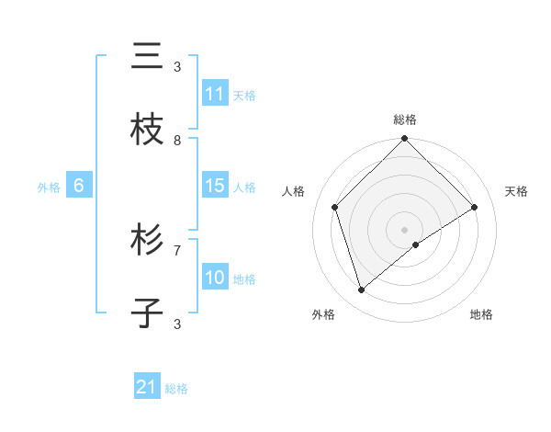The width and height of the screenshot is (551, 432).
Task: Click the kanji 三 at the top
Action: pyautogui.click(x=147, y=56)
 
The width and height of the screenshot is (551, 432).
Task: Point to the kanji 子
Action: pyautogui.click(x=147, y=313)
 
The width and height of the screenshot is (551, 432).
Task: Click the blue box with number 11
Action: pyautogui.click(x=215, y=94)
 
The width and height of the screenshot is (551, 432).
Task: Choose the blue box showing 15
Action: pyautogui.click(x=215, y=186)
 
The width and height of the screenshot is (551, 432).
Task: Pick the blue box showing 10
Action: pyautogui.click(x=215, y=278)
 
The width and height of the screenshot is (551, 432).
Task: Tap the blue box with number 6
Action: pyautogui.click(x=79, y=186)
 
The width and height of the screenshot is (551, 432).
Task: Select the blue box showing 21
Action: pyautogui.click(x=147, y=387)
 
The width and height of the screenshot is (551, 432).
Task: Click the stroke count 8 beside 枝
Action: pyautogui.click(x=177, y=140)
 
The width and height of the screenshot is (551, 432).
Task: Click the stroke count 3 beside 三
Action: pyautogui.click(x=177, y=66)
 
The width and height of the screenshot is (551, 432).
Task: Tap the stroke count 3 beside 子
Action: pyautogui.click(x=177, y=324)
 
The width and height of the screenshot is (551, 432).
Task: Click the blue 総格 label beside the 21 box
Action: pyautogui.click(x=176, y=389)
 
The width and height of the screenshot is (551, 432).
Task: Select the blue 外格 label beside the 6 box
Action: pyautogui.click(x=49, y=188)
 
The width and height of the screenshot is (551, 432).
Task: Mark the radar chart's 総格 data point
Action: pyautogui.click(x=405, y=140)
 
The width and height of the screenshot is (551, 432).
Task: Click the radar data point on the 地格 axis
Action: pyautogui.click(x=416, y=244)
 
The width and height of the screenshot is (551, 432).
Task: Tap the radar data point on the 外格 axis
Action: pyautogui.click(x=361, y=290)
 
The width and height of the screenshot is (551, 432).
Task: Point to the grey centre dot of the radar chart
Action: pyautogui.click(x=405, y=229)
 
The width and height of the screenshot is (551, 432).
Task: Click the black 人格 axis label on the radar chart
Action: pyautogui.click(x=294, y=191)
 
